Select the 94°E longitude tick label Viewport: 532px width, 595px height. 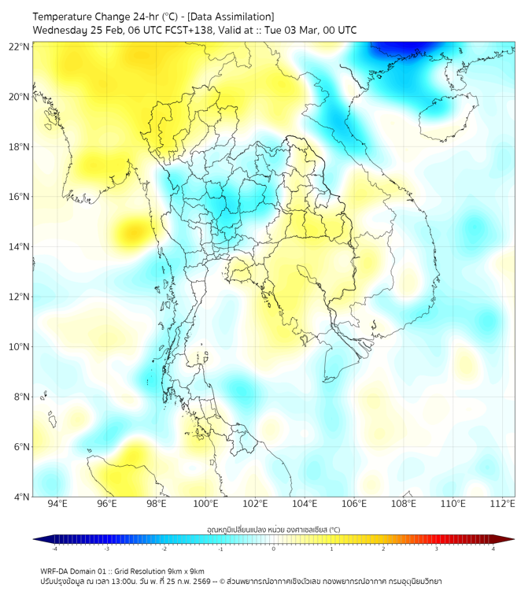(57, 504)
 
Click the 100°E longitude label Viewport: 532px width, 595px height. (206, 504)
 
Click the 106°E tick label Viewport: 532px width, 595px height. (354, 504)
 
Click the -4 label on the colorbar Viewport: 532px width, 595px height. (54, 549)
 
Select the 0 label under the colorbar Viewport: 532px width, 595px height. (274, 549)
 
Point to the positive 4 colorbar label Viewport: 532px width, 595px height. (493, 549)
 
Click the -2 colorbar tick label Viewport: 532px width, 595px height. (163, 549)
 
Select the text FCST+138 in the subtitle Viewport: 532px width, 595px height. (193, 30)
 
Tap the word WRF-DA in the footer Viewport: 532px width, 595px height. (54, 571)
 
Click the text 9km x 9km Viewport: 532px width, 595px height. (187, 571)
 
